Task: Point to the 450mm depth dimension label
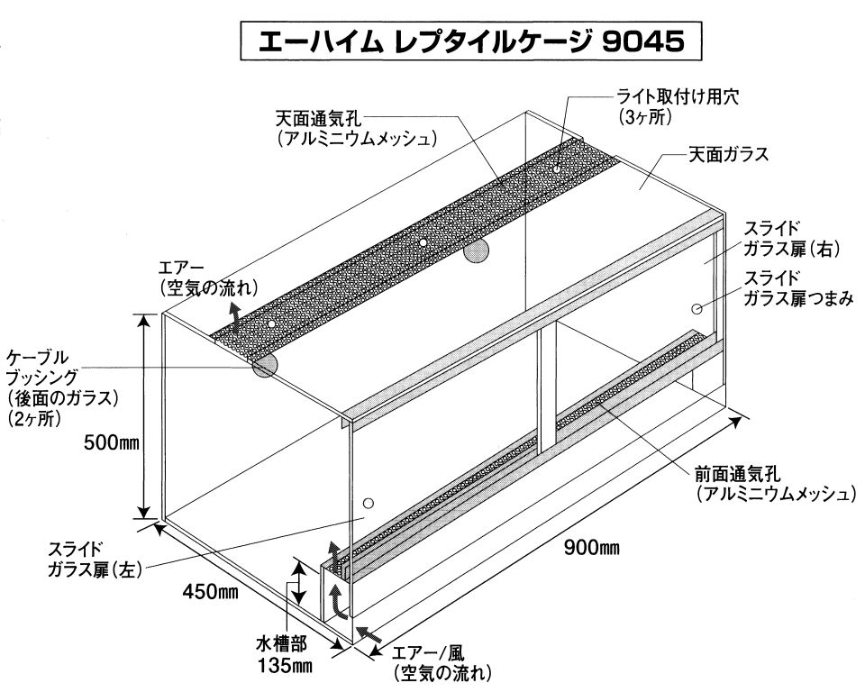click(x=210, y=592)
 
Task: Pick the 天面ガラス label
click(x=728, y=154)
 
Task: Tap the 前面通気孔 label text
click(x=739, y=473)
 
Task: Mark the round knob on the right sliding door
click(x=697, y=309)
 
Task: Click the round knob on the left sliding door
click(x=367, y=502)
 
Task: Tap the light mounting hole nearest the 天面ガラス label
click(x=557, y=167)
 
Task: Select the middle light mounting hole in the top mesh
click(x=423, y=242)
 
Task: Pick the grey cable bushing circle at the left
click(x=264, y=365)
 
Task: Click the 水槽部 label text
click(x=281, y=645)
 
